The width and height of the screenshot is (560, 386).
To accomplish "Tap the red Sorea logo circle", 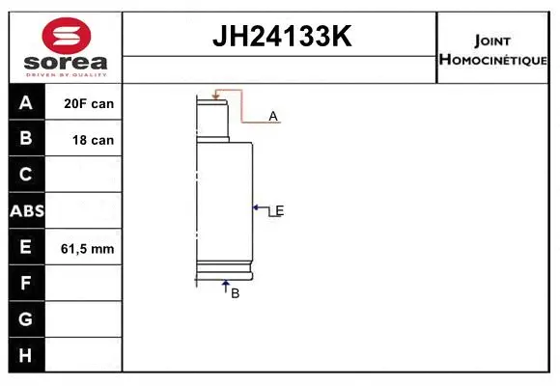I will point(65,38).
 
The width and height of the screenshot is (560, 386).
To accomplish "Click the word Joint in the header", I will point(493,41).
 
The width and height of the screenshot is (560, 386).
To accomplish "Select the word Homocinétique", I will point(493,60).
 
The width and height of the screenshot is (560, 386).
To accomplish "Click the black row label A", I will point(26,103).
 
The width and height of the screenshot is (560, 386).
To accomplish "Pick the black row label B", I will point(26,139).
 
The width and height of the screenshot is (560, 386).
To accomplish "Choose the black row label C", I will point(26,175).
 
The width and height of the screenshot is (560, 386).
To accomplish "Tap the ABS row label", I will point(26,211).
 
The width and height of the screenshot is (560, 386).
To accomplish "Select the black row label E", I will point(26,247).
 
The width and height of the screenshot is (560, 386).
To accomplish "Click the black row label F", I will point(26,284).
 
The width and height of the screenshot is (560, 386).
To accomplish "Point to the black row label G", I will point(26,319).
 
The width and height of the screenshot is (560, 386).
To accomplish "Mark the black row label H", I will point(26,356).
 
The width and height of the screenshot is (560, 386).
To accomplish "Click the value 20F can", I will point(89,103).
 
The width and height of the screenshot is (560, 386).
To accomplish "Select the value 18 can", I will point(93,140).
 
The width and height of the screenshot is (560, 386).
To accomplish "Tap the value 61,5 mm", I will point(88,248).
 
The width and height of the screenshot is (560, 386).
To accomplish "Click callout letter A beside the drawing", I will point(273,117).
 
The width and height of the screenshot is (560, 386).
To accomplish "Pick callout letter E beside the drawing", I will point(279,210).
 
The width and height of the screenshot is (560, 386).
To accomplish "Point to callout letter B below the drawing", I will point(235,293).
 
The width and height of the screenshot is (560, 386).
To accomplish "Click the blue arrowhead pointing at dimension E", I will point(257,207).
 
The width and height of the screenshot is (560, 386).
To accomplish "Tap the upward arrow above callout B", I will point(225,285).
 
